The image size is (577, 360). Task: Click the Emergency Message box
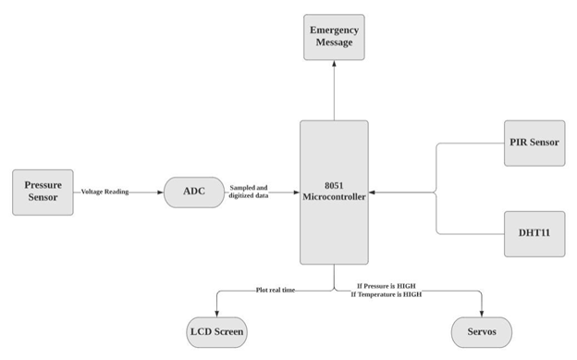tap(334, 37)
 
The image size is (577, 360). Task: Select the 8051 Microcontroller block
tap(333, 192)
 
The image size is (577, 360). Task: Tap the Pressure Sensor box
tap(43, 192)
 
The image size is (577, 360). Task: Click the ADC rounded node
tap(194, 192)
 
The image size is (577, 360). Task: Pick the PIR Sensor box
tap(534, 143)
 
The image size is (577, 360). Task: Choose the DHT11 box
tap(534, 233)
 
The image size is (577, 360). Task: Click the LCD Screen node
tap(215, 331)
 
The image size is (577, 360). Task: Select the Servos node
tap(481, 331)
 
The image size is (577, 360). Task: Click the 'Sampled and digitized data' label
tap(249, 192)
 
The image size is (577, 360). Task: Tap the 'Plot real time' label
tap(276, 290)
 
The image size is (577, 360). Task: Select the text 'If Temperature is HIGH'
tap(389, 294)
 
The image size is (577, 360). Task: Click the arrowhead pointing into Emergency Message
tap(334, 65)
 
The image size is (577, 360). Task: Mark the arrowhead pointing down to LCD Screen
tap(215, 313)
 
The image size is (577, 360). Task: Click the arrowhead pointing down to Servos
tap(481, 313)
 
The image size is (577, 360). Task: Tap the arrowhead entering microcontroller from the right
tap(372, 192)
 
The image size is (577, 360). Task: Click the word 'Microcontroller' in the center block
tap(333, 197)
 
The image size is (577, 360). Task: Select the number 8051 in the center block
tap(333, 185)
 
